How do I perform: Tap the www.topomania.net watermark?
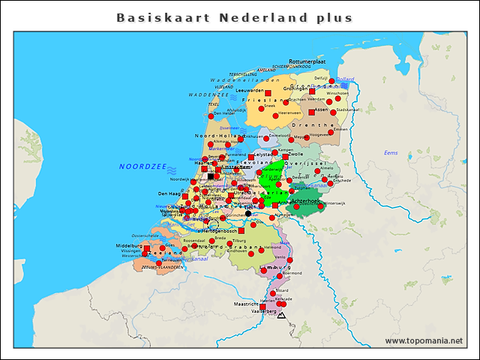coord(424,341)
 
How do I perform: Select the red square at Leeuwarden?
coord(268,92)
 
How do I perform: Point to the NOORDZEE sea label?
coord(142,166)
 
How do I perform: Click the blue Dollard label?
coord(345,79)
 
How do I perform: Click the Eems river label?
coord(391,153)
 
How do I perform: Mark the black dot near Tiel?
coord(248,214)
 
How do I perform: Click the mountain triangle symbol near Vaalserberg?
coord(281,316)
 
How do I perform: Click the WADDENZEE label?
coord(203,96)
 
